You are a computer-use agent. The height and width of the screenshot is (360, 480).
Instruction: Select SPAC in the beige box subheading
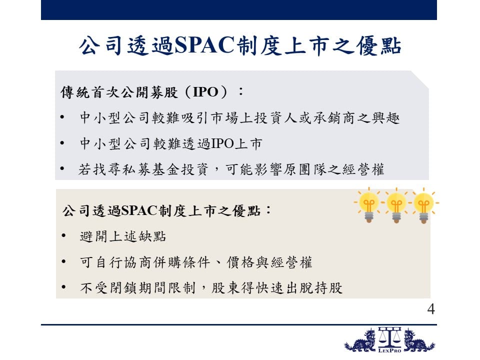click(139, 210)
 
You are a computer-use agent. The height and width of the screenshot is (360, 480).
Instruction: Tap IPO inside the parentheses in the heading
click(205, 92)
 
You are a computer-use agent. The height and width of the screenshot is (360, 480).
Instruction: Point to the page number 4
click(431, 309)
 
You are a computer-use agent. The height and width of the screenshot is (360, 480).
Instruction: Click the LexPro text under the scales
click(389, 350)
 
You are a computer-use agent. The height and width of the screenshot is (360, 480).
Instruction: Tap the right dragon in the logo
click(419, 340)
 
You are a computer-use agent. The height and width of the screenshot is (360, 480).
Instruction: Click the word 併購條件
click(181, 262)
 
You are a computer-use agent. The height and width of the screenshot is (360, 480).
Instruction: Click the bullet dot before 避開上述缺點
click(63, 235)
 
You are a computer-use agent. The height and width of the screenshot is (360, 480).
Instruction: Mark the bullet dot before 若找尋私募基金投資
click(62, 168)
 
